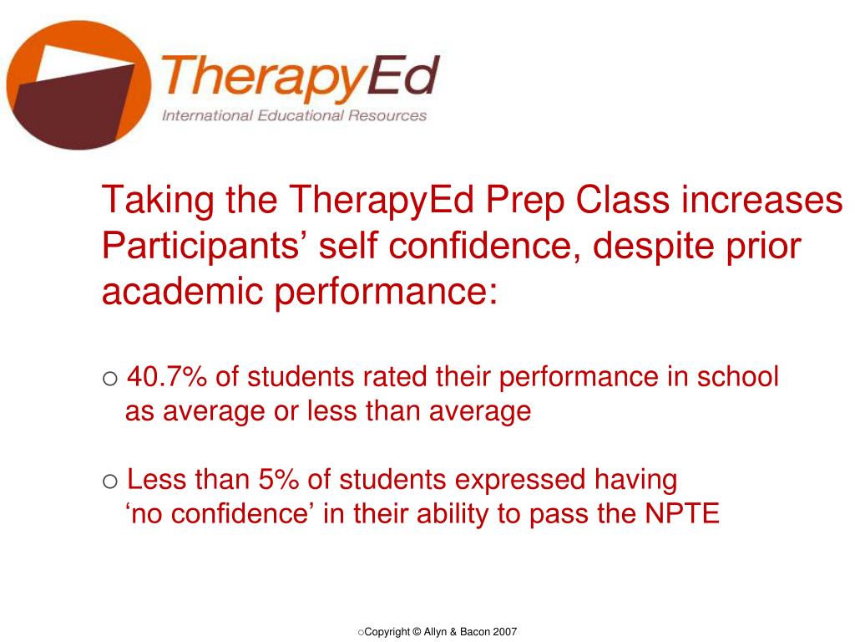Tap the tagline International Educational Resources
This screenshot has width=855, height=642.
[294, 115]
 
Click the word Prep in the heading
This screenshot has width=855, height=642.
[523, 201]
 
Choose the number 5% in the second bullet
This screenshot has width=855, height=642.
[279, 480]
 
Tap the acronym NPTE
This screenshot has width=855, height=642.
[682, 514]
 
